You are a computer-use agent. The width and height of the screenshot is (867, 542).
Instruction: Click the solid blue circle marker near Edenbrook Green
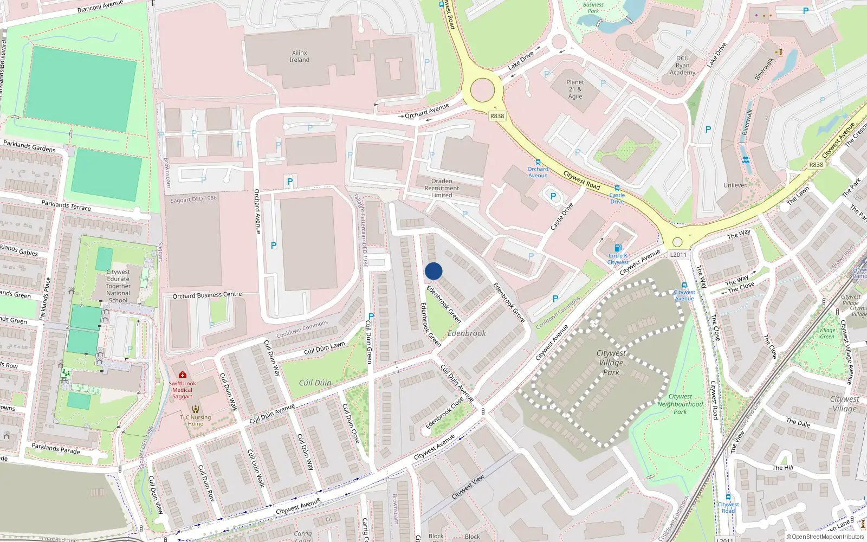433,271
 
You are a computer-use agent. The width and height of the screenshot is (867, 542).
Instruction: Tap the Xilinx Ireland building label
299,56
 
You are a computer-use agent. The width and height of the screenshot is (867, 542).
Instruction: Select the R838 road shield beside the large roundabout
496,116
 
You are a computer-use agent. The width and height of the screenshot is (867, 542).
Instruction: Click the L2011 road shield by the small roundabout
678,255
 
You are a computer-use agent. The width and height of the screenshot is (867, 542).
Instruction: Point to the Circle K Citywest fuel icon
618,248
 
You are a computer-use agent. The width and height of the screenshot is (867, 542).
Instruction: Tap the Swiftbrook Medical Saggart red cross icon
183,375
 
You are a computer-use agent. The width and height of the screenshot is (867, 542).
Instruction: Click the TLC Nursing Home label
196,421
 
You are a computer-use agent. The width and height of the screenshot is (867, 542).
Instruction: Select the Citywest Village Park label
611,363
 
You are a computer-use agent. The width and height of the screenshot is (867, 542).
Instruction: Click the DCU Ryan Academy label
682,65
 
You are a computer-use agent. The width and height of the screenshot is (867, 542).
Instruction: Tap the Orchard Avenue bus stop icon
538,162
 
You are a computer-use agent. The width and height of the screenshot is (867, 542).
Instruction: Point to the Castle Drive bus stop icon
617,188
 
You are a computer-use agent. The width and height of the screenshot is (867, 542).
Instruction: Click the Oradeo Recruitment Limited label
442,188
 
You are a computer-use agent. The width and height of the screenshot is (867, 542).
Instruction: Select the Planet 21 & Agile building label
575,89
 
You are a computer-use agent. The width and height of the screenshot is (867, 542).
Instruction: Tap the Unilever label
735,185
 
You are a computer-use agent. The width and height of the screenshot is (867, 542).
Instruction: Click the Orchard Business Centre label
207,295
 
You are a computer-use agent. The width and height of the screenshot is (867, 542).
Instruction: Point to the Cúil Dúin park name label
315,383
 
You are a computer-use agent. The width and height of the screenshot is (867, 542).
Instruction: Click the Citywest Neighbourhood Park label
680,404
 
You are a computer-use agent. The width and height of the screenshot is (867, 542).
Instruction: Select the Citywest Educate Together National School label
118,286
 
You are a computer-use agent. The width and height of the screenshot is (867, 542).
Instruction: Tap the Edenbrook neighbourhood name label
467,333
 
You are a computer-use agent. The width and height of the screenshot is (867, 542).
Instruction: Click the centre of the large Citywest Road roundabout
482,91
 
